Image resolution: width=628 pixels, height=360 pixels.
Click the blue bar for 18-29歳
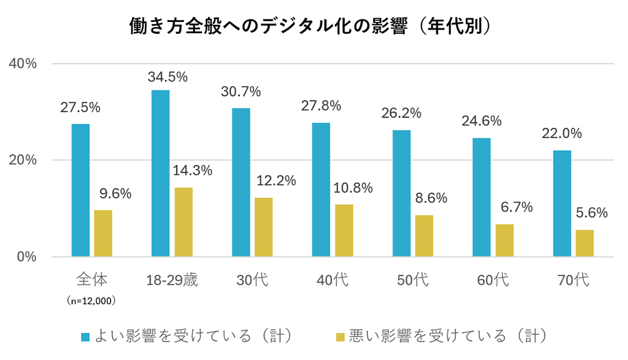click(x=160, y=173)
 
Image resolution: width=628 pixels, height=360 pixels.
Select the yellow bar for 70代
click(x=585, y=243)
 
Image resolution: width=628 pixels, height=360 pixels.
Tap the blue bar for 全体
click(x=80, y=190)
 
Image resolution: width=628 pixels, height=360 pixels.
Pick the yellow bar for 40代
click(x=344, y=231)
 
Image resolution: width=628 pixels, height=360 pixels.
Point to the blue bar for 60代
click(x=482, y=197)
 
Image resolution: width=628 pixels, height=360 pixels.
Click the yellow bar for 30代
click(x=263, y=227)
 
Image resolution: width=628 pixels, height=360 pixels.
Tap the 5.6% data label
click(x=592, y=213)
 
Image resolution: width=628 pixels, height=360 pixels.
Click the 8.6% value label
click(x=431, y=199)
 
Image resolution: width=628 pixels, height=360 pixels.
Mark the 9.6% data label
click(x=114, y=194)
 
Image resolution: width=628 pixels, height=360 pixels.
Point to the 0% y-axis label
click(x=28, y=257)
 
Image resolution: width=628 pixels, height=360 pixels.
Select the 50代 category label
click(x=413, y=280)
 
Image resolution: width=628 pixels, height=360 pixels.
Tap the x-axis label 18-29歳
click(x=172, y=280)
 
